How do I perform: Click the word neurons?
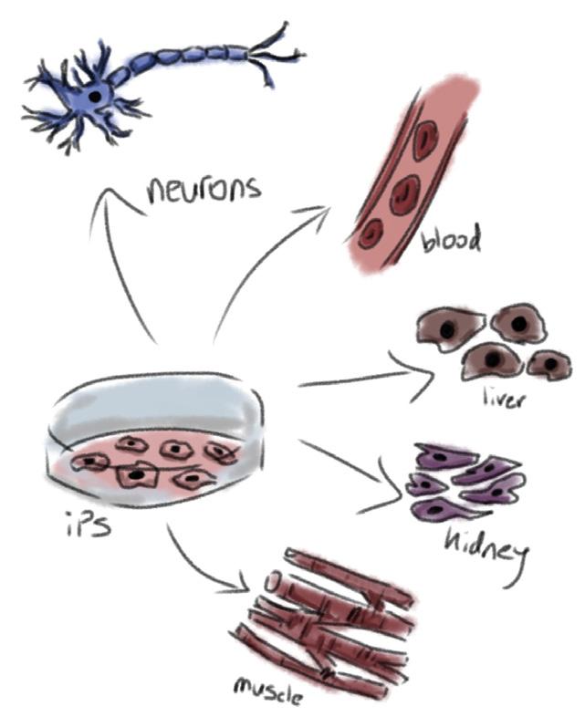(204, 189)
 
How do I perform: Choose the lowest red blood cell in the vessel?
(371, 234)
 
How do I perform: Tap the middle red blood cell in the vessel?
(402, 192)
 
